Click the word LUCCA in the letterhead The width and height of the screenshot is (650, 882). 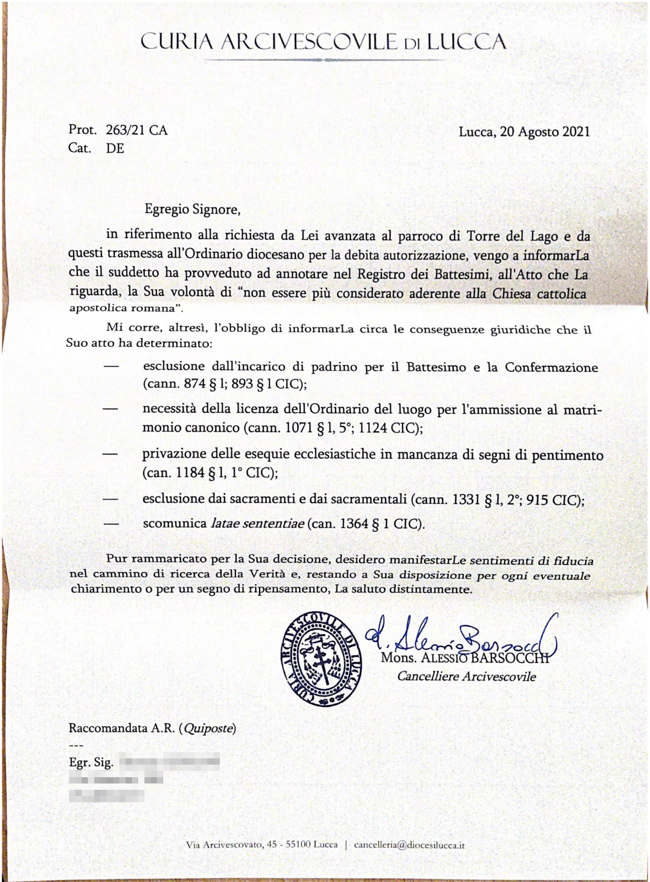click(466, 42)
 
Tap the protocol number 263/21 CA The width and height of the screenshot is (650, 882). click(137, 130)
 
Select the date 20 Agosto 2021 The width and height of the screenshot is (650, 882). click(545, 131)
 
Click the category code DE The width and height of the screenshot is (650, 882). click(115, 148)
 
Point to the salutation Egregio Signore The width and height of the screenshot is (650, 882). click(192, 209)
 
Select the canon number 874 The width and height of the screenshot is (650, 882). click(195, 383)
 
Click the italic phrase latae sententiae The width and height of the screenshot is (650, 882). click(257, 524)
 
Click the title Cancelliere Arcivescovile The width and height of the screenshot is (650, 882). click(466, 676)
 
